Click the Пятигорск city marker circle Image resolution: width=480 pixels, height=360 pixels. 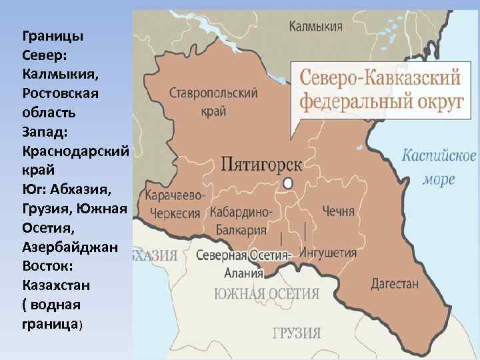pos(288,183)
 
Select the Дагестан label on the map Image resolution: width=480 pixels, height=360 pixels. pos(395,283)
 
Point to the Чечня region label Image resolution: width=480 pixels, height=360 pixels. pos(338,211)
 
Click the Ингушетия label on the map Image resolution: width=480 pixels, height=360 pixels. pos(328,253)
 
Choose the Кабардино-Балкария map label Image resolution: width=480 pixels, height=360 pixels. pos(241,221)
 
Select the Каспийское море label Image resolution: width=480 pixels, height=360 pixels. pos(439,167)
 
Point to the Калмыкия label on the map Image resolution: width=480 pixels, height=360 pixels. pos(316,27)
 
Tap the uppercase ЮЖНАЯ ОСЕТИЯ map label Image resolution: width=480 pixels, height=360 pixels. pos(266,294)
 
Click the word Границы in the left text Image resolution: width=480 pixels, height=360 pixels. pos(53,35)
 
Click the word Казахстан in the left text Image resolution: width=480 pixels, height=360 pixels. pos(55,285)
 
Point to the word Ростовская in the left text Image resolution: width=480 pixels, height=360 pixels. pos(60,92)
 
